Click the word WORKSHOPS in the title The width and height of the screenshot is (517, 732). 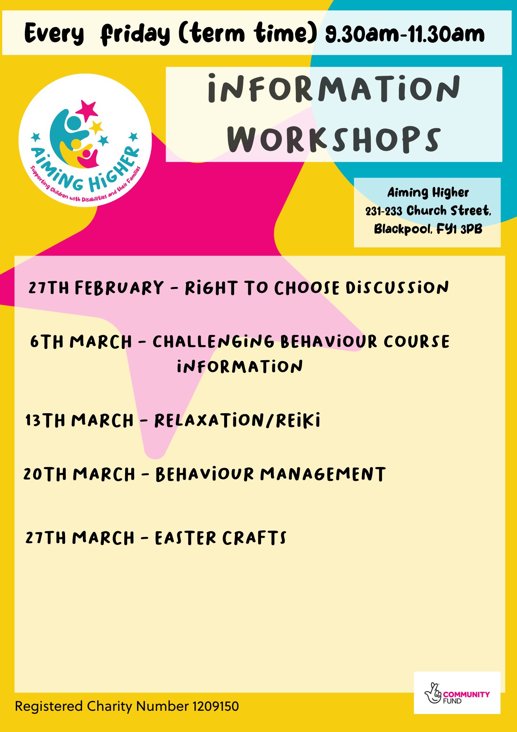point(334,139)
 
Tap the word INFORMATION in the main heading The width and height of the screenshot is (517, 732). point(334,88)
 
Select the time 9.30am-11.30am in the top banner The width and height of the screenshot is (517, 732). point(405,34)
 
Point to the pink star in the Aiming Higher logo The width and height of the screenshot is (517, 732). point(87,111)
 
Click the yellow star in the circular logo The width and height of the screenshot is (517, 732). point(96,128)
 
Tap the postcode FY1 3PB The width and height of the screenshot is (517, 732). point(459,229)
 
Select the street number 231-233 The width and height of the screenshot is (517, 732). point(384,211)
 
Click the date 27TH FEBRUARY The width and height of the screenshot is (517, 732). point(96,288)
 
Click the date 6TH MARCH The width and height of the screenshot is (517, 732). point(81,342)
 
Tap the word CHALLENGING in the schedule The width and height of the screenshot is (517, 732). point(214,342)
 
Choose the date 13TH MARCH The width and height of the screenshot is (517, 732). point(79,420)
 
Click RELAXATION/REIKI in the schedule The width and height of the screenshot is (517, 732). point(237,420)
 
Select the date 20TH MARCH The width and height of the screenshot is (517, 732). point(79,474)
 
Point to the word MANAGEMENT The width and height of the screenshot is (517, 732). point(323,474)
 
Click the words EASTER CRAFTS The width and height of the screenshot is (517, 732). point(220,538)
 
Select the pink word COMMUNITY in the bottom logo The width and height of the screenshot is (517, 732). point(466,694)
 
